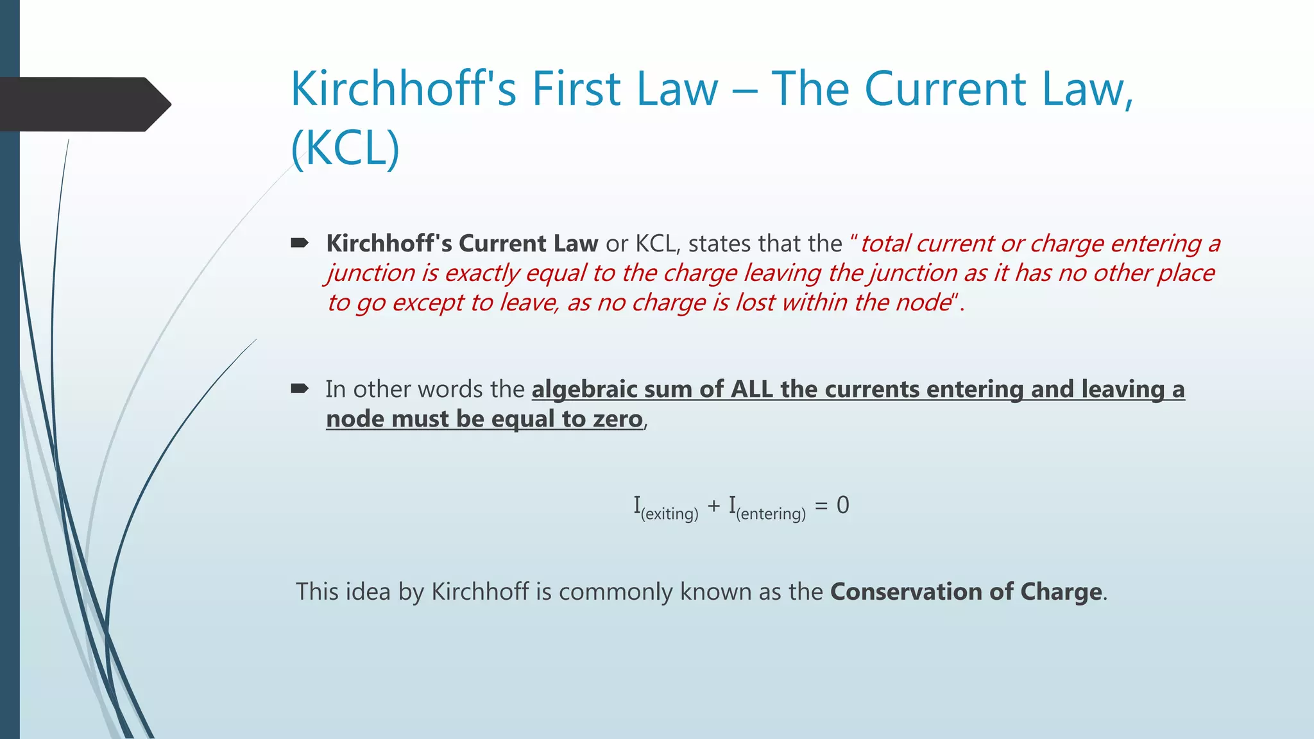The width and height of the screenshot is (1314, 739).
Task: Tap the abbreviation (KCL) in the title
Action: click(x=345, y=148)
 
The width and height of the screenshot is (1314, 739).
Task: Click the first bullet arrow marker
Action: click(x=300, y=243)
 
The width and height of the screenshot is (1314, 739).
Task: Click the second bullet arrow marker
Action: click(x=300, y=389)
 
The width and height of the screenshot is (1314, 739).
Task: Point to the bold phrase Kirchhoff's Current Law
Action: click(x=462, y=244)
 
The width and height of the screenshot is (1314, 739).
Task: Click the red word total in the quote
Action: click(x=885, y=244)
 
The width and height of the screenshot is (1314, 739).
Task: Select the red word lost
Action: click(x=755, y=302)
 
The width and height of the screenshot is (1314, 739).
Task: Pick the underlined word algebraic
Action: click(x=584, y=389)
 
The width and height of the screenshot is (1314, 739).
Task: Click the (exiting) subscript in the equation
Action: click(x=669, y=514)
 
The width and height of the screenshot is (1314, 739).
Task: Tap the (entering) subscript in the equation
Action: click(x=771, y=514)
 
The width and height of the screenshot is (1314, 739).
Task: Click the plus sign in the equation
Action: click(x=714, y=506)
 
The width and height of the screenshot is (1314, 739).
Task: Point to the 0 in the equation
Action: click(x=843, y=505)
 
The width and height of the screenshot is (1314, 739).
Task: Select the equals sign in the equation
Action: click(x=821, y=505)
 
